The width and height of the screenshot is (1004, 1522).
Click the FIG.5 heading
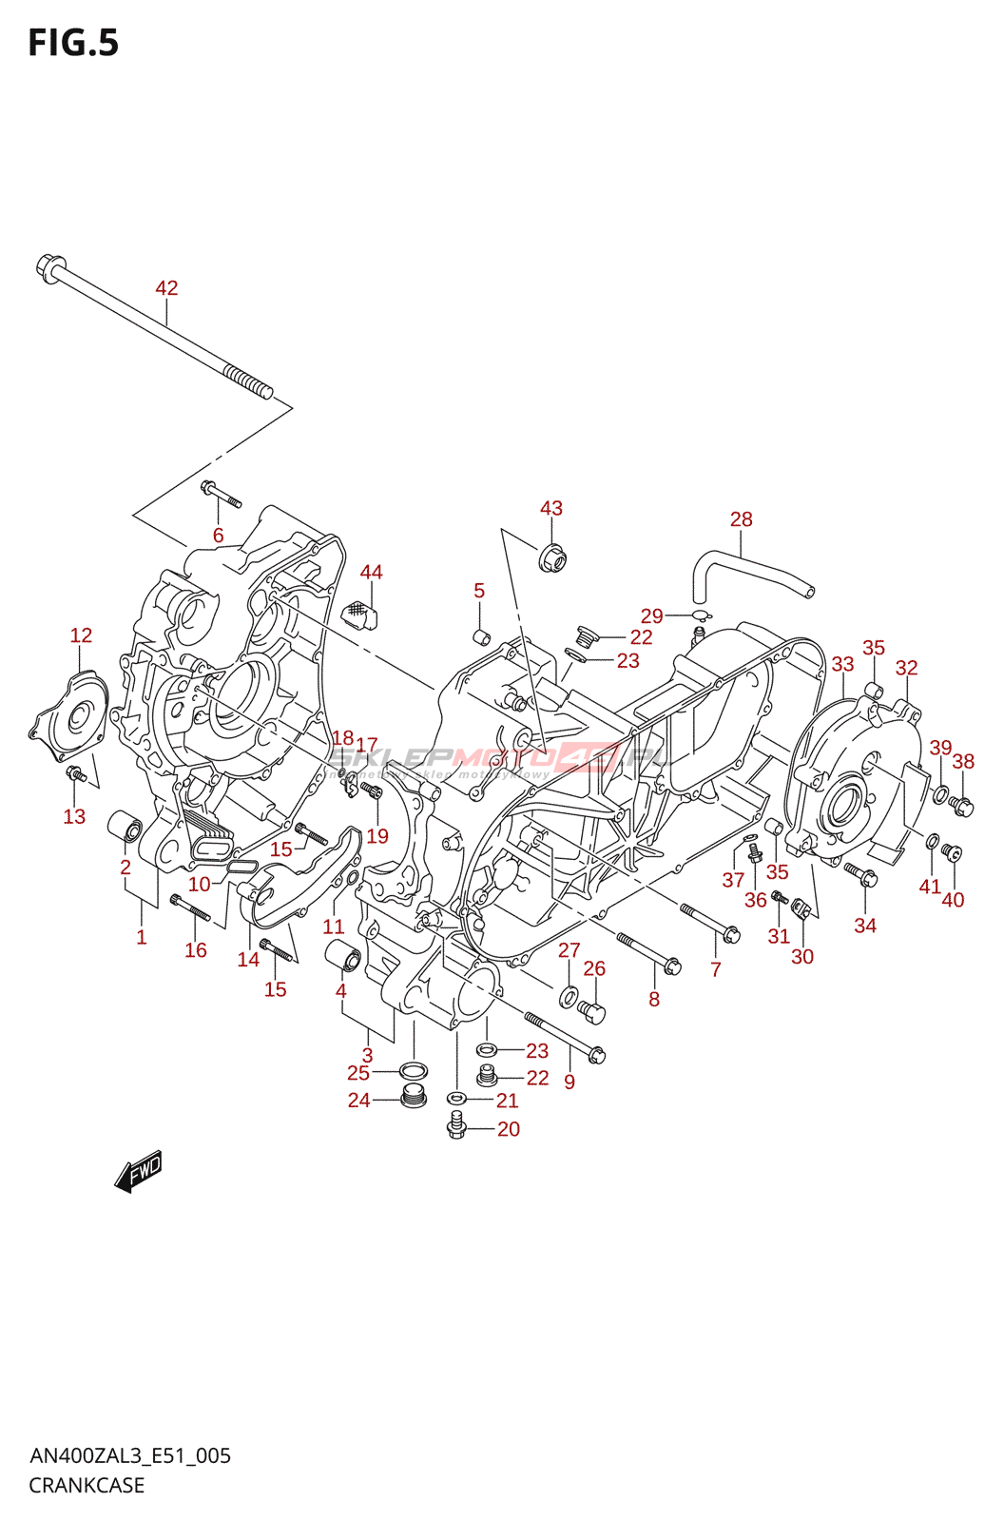pyautogui.click(x=73, y=44)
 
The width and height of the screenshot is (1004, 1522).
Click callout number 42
pyautogui.click(x=166, y=288)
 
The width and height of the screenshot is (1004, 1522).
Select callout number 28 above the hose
pyautogui.click(x=741, y=519)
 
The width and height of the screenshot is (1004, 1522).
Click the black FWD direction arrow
pyautogui.click(x=139, y=1172)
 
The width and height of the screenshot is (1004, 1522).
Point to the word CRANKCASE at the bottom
pyautogui.click(x=87, y=1485)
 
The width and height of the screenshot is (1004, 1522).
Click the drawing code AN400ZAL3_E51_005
pyautogui.click(x=130, y=1455)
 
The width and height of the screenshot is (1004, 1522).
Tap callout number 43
pyautogui.click(x=551, y=508)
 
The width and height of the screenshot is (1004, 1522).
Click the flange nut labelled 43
pyautogui.click(x=551, y=557)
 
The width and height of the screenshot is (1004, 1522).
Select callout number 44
pyautogui.click(x=371, y=572)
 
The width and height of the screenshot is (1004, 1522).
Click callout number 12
pyautogui.click(x=81, y=635)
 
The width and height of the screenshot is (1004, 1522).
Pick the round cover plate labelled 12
pyautogui.click(x=70, y=714)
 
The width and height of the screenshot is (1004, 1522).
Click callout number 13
pyautogui.click(x=74, y=816)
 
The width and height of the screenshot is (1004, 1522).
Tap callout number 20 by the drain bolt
pyautogui.click(x=509, y=1129)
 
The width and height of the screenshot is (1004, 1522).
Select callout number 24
pyautogui.click(x=358, y=1101)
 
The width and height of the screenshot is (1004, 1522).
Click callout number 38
pyautogui.click(x=963, y=761)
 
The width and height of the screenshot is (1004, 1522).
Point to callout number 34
pyautogui.click(x=865, y=926)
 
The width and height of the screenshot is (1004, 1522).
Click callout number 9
pyautogui.click(x=570, y=1082)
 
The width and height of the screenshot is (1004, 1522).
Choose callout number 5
pyautogui.click(x=479, y=591)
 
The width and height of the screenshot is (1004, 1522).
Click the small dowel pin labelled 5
pyautogui.click(x=482, y=636)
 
